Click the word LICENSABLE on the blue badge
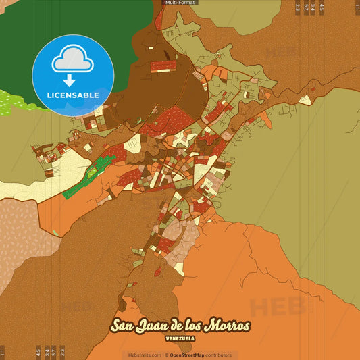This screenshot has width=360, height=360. (73, 95)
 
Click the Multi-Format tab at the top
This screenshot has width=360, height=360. (180, 3)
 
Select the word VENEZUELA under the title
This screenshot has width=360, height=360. (180, 336)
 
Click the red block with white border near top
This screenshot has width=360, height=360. (163, 66)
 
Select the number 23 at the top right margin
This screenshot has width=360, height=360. (298, 8)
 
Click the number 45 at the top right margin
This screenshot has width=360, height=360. (322, 8)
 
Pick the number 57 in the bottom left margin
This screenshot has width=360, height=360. (54, 351)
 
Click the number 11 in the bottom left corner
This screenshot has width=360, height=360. (3, 351)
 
